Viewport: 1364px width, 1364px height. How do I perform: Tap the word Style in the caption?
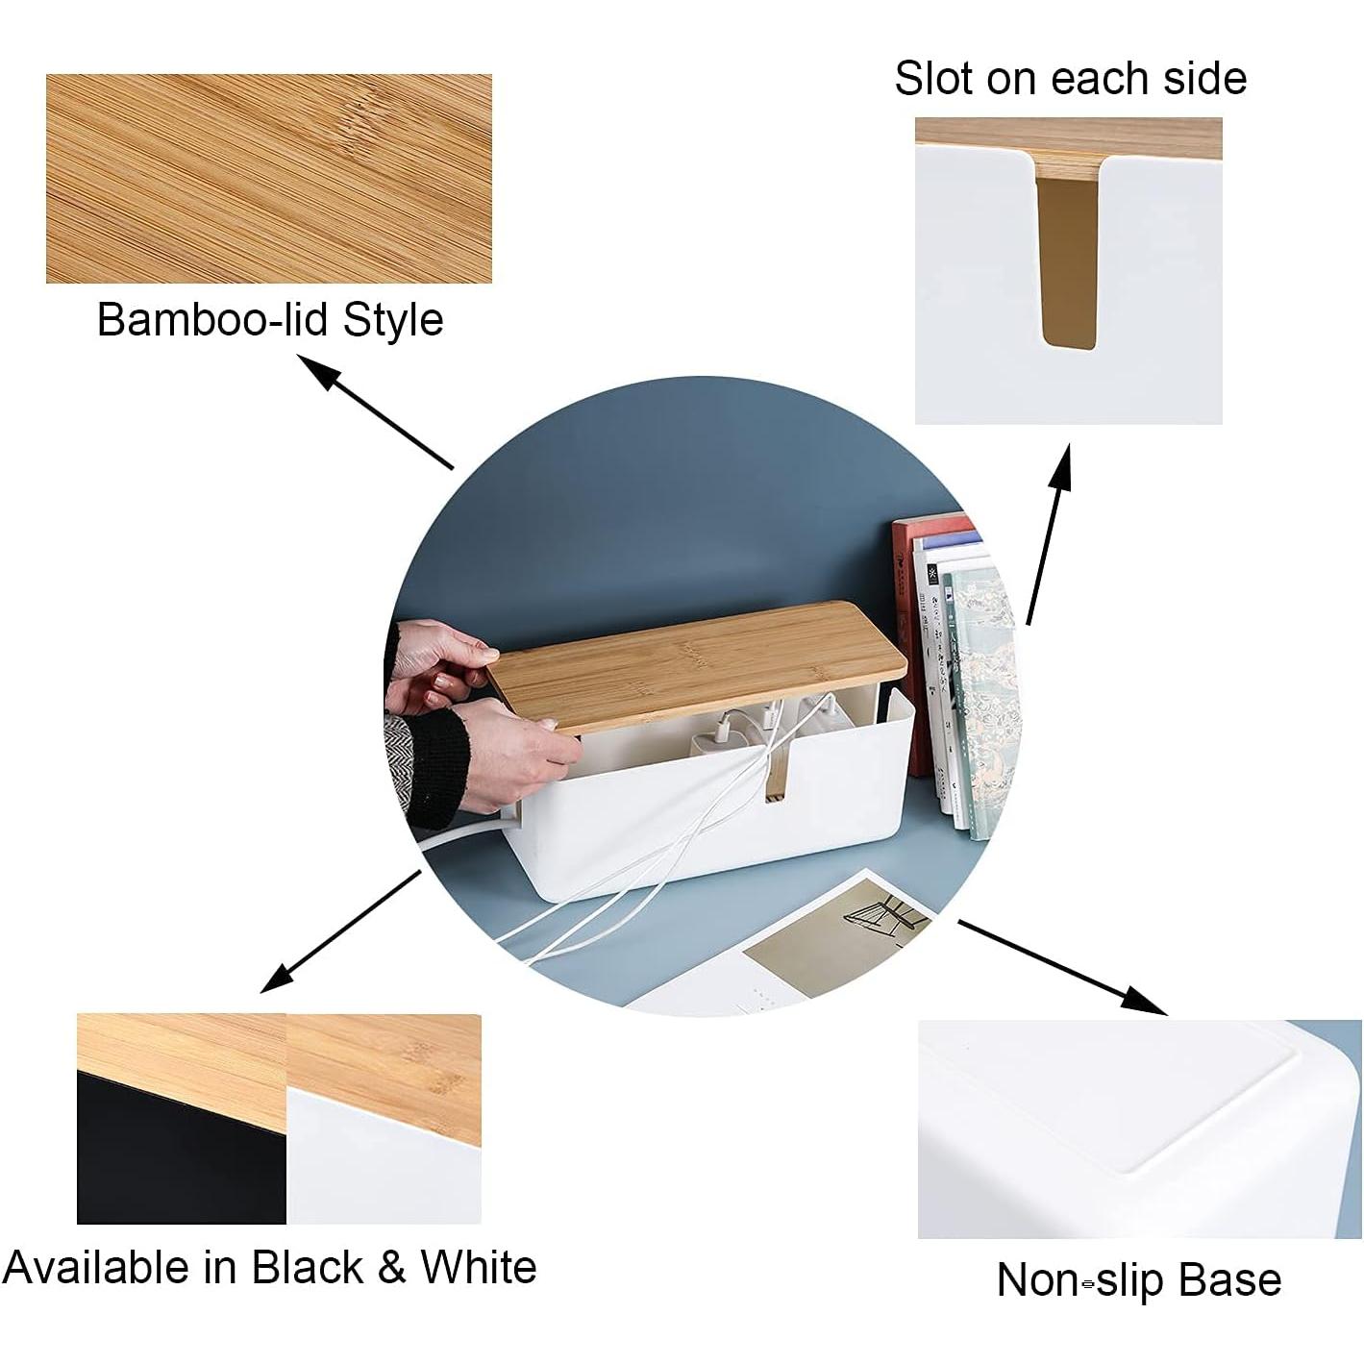pyautogui.click(x=393, y=321)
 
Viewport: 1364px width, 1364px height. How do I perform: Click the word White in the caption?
pyautogui.click(x=478, y=1266)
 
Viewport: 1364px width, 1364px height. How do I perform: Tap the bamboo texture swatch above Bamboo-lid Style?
pyautogui.click(x=268, y=179)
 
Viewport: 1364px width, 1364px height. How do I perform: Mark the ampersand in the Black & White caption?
pyautogui.click(x=391, y=1267)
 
